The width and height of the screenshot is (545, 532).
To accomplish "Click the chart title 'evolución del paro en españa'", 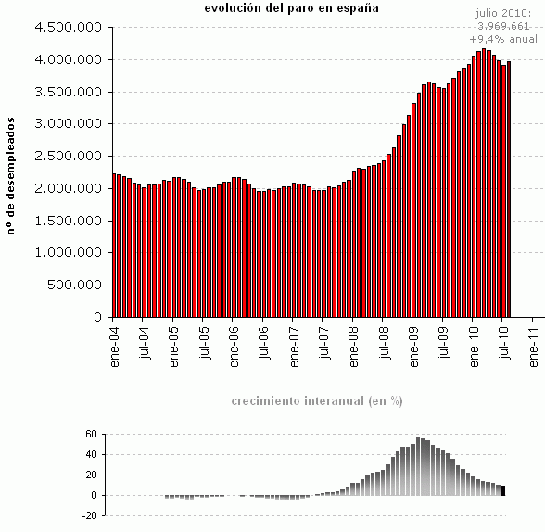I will pyautogui.click(x=291, y=8).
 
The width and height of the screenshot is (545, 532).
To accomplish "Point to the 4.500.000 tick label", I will pyautogui.click(x=67, y=27).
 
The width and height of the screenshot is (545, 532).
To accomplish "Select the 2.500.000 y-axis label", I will pyautogui.click(x=67, y=156).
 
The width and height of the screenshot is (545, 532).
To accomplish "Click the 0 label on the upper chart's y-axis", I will pyautogui.click(x=97, y=317).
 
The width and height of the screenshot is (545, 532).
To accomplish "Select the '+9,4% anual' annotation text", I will pyautogui.click(x=503, y=39).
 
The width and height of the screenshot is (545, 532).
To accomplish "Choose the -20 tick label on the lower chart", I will pyautogui.click(x=89, y=515).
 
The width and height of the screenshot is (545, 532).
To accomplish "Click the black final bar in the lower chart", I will pyautogui.click(x=503, y=490).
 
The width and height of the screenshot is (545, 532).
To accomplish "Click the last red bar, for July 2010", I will pyautogui.click(x=509, y=189).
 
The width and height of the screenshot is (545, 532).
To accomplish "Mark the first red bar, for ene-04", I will pyautogui.click(x=114, y=246).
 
